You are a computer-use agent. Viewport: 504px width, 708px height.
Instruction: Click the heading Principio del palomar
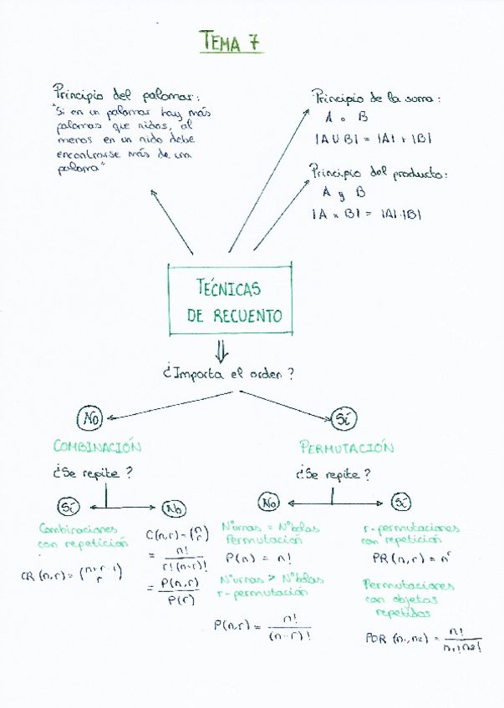click(126, 93)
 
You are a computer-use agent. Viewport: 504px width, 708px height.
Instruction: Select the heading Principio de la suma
click(375, 97)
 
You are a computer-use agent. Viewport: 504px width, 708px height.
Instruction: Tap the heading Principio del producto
click(378, 173)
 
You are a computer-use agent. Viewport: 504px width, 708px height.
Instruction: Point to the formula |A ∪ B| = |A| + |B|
click(373, 139)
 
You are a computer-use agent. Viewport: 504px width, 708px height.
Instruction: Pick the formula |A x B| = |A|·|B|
click(366, 214)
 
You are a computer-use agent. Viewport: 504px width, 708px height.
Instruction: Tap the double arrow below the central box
click(221, 349)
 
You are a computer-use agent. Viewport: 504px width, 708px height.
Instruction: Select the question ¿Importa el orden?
click(228, 374)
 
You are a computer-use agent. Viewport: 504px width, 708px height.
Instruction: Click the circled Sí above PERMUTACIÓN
click(344, 417)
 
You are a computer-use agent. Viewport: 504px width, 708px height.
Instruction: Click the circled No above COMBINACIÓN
click(89, 417)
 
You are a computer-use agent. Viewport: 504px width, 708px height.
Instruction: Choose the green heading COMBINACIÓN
click(97, 447)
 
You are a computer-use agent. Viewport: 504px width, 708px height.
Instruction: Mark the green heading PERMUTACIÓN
click(346, 448)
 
